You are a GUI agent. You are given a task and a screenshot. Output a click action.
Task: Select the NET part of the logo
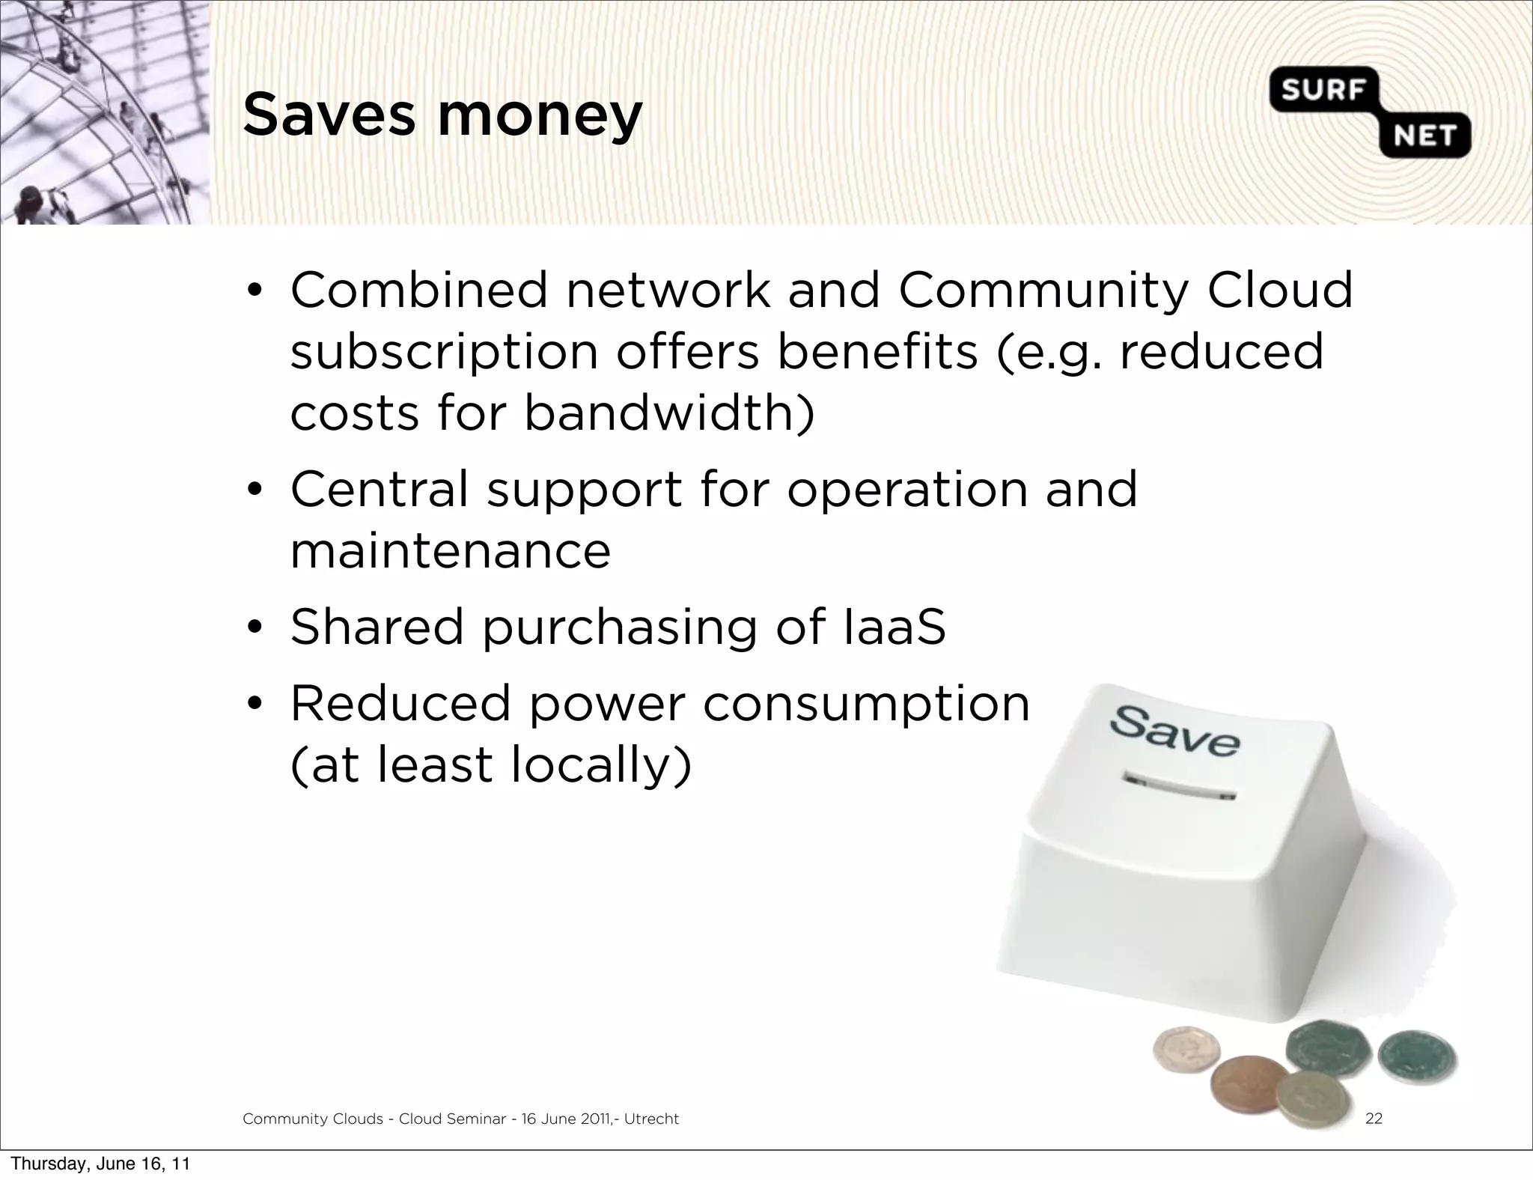coord(1424,136)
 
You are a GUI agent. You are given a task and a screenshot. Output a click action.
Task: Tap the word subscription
coord(444,353)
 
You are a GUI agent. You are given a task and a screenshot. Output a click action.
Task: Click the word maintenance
coord(451,551)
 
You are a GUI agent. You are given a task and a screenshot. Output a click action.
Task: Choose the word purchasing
coord(620,628)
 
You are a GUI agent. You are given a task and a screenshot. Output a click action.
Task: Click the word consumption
coord(866,705)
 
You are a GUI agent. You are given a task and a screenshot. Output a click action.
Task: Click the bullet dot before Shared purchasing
coord(255,627)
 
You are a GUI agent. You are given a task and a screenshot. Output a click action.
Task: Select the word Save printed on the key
coord(1174,730)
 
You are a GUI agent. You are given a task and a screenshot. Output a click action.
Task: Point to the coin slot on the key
coord(1177,789)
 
